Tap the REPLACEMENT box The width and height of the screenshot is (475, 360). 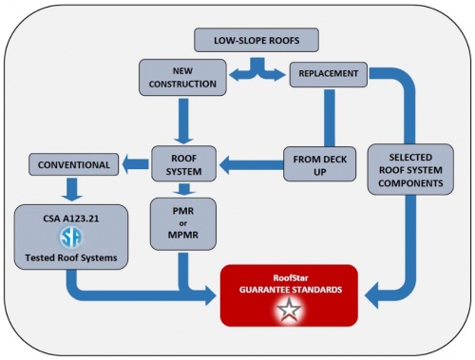pyautogui.click(x=327, y=72)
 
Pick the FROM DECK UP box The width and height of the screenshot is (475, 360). pyautogui.click(x=320, y=162)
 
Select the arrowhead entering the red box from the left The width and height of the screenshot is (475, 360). pyautogui.click(x=211, y=298)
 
